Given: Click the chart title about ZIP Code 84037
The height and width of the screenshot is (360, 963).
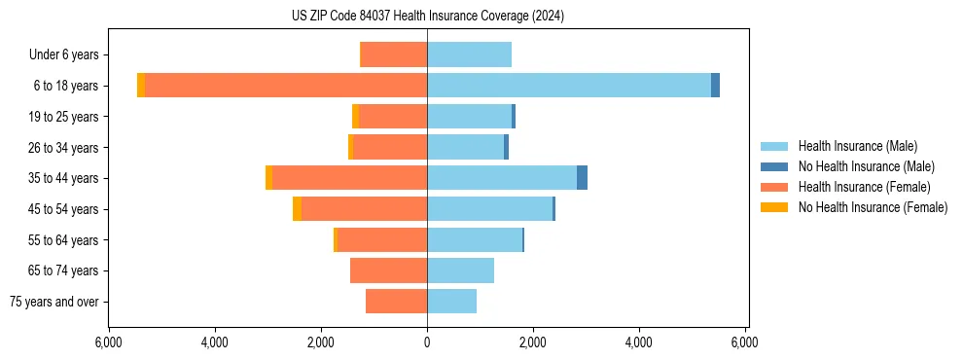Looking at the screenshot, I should (428, 16).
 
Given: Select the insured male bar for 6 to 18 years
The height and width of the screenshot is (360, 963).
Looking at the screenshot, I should (569, 86).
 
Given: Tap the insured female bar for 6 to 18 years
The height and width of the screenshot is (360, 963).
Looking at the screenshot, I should (286, 86).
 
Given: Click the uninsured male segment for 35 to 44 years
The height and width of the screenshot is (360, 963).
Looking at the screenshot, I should (582, 178).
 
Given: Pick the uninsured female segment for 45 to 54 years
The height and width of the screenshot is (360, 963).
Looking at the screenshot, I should (298, 209).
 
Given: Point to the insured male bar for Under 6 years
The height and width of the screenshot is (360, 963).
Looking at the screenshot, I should (469, 55).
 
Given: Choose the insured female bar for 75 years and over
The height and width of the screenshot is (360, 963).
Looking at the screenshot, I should (396, 302).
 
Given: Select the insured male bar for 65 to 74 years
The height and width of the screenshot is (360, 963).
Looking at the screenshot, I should (460, 270).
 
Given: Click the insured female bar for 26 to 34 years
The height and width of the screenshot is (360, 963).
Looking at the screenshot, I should (390, 147).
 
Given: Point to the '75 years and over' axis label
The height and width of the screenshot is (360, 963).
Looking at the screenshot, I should (53, 302).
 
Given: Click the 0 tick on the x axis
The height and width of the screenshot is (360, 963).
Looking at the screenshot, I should (427, 342).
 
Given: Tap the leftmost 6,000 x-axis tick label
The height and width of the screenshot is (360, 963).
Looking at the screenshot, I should (108, 342).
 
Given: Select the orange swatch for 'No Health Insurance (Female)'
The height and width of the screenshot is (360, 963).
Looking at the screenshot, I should (774, 207).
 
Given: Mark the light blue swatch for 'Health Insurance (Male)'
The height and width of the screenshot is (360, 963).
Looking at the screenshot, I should (774, 146).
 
